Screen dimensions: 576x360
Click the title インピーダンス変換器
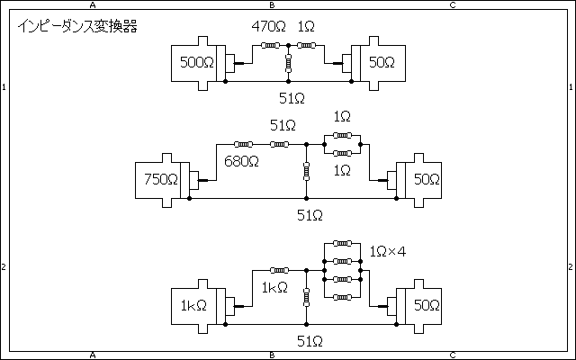[77, 26]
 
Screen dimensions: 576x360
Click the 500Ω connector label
[197, 62]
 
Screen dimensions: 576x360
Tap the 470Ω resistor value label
[268, 26]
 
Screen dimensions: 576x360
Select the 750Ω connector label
[161, 179]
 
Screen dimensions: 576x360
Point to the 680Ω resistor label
[241, 161]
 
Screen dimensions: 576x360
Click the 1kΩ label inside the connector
[193, 305]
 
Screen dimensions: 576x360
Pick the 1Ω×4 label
[388, 252]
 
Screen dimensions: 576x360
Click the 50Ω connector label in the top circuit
[382, 62]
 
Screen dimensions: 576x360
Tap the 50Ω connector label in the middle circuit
[427, 179]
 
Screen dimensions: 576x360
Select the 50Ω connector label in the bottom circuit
[427, 305]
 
